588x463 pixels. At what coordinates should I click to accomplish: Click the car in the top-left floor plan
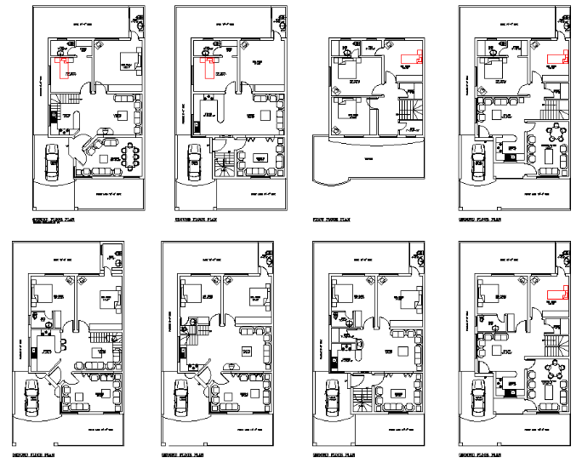[51, 159]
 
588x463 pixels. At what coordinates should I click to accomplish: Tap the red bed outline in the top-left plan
[62, 65]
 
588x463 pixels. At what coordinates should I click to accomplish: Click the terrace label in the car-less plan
[368, 159]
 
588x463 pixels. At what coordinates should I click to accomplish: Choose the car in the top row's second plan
[194, 159]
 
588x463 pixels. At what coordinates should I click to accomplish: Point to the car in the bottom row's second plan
[180, 397]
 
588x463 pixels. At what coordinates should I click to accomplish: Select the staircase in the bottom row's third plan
[363, 397]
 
